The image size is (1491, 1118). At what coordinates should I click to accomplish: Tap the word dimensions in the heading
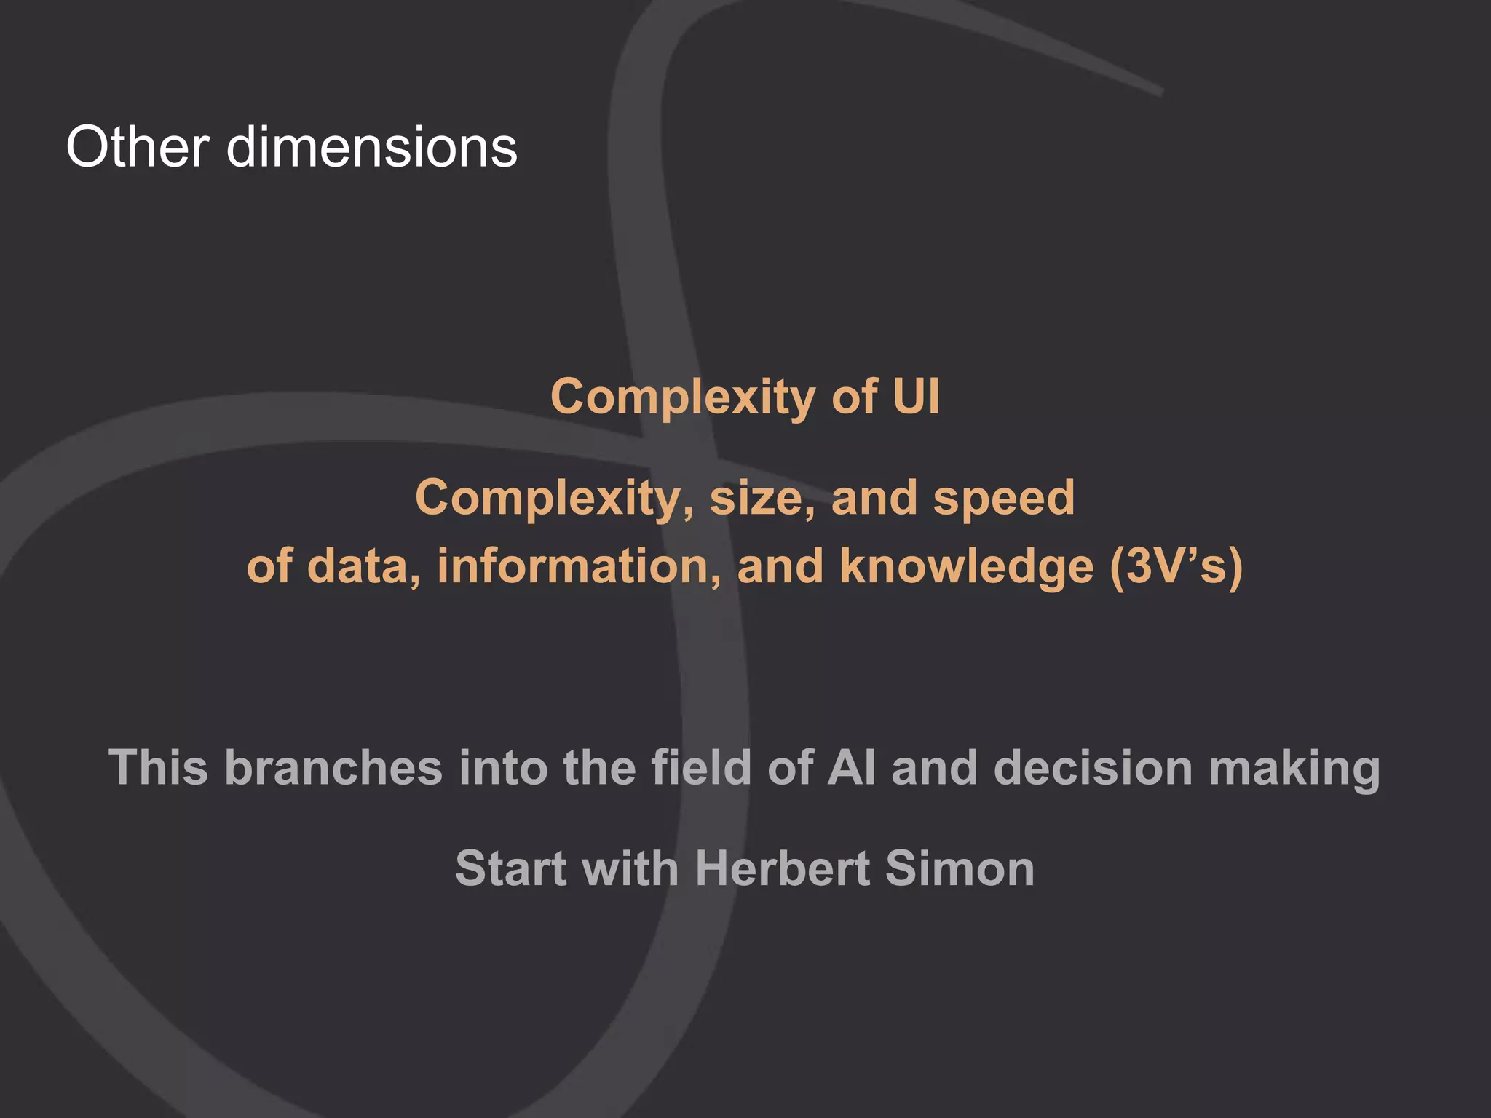point(372,147)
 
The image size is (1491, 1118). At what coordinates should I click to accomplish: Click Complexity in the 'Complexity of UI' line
point(682,398)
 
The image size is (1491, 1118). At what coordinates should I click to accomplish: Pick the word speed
point(1003,499)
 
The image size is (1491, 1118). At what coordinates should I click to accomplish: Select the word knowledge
point(966,568)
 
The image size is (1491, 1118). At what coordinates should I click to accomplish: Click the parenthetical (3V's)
point(1176,566)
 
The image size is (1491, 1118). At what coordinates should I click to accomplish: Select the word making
point(1294,769)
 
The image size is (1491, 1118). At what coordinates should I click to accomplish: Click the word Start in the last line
point(510,868)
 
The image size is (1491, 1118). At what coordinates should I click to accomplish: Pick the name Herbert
point(783,868)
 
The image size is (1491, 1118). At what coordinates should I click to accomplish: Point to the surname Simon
point(960,868)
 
